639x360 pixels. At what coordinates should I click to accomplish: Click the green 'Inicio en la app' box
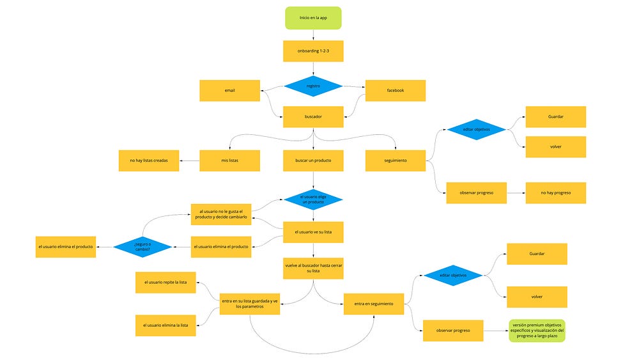point(313,18)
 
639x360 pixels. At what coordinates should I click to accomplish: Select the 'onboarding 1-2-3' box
point(313,51)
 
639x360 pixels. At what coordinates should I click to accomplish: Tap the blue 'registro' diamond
point(313,86)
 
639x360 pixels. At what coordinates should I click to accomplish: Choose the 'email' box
point(230,91)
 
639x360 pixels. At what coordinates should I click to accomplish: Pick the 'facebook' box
point(396,91)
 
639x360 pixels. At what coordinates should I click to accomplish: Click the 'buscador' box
point(313,116)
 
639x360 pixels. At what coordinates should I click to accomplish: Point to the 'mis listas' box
point(230,160)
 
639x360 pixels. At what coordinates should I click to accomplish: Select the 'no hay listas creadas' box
point(149,160)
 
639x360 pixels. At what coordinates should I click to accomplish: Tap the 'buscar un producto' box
point(313,160)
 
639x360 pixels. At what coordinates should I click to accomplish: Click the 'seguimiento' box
point(396,160)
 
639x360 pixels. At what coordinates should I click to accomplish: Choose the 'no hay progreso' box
point(556,193)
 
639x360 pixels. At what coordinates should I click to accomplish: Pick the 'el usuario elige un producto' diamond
point(313,200)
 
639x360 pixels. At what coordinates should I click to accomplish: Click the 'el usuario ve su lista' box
point(313,232)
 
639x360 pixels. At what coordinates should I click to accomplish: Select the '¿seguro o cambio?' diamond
point(142,247)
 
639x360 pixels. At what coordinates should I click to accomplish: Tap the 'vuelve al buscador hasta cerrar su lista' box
point(313,269)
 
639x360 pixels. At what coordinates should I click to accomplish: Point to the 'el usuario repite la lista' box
point(166,283)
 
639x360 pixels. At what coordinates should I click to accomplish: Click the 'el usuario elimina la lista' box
point(166,325)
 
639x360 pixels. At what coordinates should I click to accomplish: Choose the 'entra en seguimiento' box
point(374,304)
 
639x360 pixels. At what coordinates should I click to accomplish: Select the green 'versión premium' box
point(537,331)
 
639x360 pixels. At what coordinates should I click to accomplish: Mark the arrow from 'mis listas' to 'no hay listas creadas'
point(190,160)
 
